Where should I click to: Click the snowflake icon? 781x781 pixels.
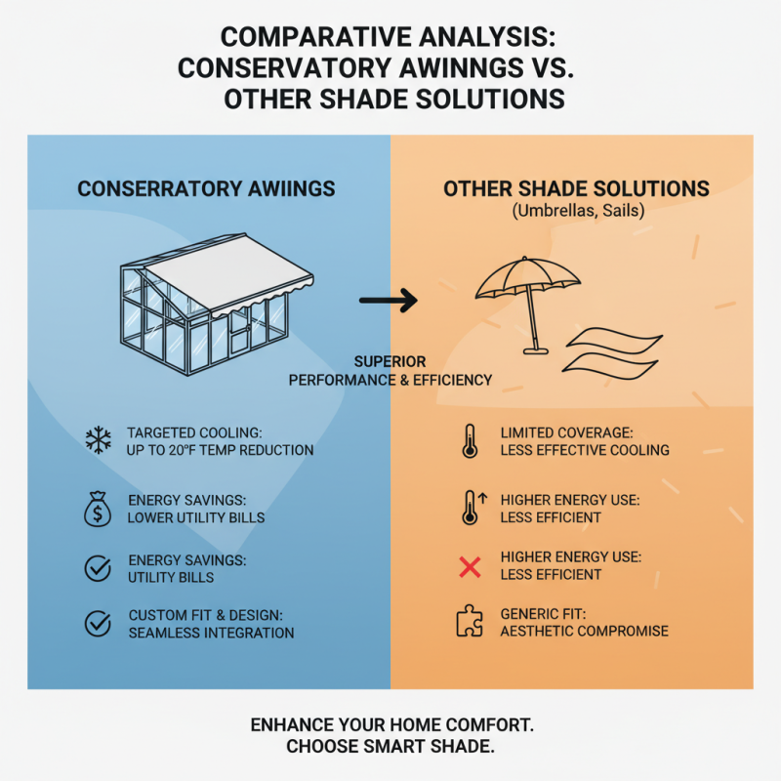pyautogui.click(x=99, y=440)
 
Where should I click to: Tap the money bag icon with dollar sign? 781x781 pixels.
pyautogui.click(x=98, y=509)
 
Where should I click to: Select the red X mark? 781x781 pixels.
pyautogui.click(x=470, y=567)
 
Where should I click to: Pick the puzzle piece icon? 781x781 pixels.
pyautogui.click(x=470, y=621)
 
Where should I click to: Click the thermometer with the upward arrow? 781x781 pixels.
pyautogui.click(x=473, y=508)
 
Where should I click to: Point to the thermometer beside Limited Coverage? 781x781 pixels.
pyautogui.click(x=470, y=441)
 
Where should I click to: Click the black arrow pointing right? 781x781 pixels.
pyautogui.click(x=389, y=301)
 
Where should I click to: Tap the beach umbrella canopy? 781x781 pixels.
pyautogui.click(x=527, y=278)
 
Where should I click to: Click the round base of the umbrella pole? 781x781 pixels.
pyautogui.click(x=535, y=351)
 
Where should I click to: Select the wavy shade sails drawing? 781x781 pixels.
pyautogui.click(x=613, y=353)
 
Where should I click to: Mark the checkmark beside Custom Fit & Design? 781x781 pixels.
pyautogui.click(x=98, y=623)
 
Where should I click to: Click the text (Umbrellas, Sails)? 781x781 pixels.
pyautogui.click(x=578, y=211)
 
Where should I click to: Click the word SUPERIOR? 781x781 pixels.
pyautogui.click(x=390, y=361)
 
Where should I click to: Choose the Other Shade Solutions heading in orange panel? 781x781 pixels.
pyautogui.click(x=576, y=189)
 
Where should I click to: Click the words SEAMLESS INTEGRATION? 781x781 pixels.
pyautogui.click(x=211, y=633)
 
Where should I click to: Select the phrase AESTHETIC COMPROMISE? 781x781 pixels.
pyautogui.click(x=584, y=631)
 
